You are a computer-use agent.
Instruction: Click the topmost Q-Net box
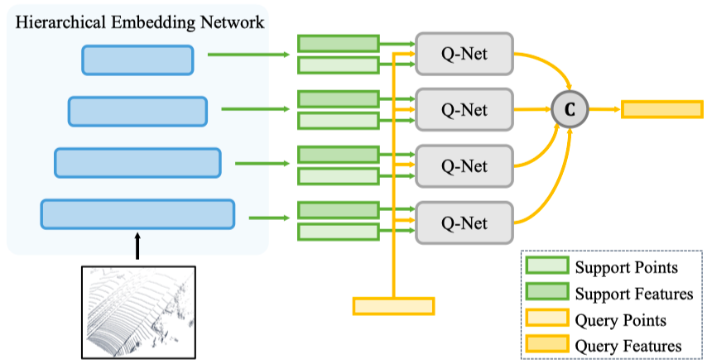coord(464,54)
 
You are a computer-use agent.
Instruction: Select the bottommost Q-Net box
coord(464,223)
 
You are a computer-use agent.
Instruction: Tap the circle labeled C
coord(570,109)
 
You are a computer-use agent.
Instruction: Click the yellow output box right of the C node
coord(662,109)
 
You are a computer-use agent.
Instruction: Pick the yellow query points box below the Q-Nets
coord(393,306)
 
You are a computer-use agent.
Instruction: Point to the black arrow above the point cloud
coord(138,246)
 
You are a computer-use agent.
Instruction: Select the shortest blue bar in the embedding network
coord(137,60)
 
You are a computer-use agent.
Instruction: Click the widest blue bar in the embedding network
coord(137,214)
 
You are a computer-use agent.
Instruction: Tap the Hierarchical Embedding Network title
coord(140,22)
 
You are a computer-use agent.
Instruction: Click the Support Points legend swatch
coord(548,266)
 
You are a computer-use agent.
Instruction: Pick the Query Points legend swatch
coord(548,319)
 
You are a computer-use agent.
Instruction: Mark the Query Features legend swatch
coord(548,345)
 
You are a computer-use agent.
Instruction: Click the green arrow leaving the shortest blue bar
coord(248,55)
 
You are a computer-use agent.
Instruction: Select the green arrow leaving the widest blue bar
coord(269,218)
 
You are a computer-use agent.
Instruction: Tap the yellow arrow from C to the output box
coord(605,109)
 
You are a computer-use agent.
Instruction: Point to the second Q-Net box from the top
coord(464,109)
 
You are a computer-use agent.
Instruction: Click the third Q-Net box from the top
coord(464,166)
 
